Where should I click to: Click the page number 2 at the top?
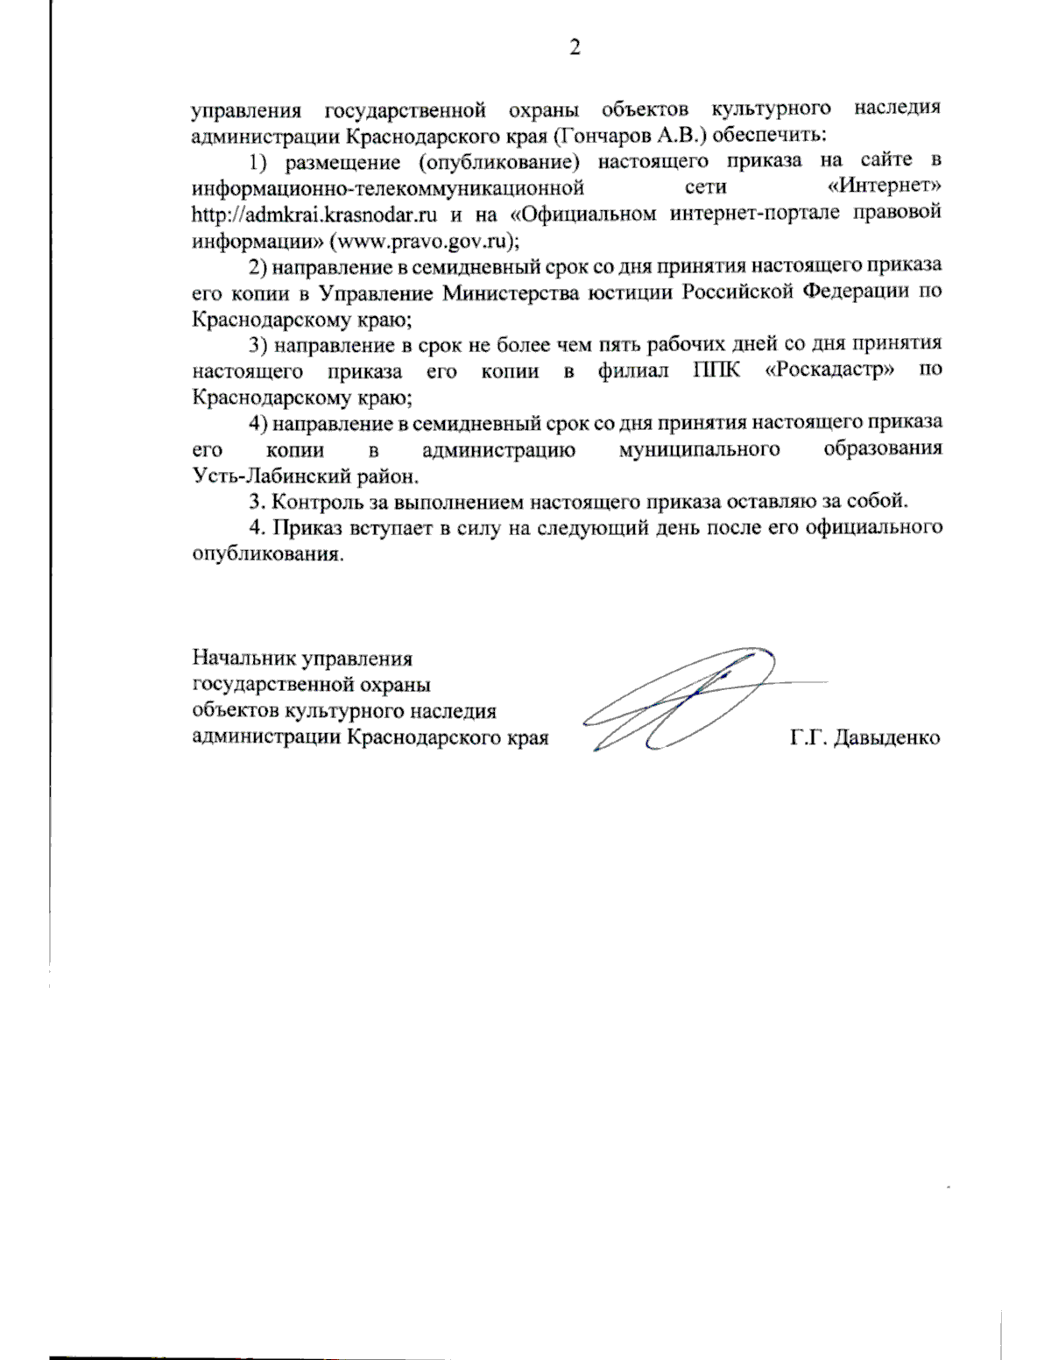click(575, 47)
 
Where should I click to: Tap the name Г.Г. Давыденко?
click(864, 737)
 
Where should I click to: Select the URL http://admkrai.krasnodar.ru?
click(314, 215)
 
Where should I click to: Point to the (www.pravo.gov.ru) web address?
click(423, 241)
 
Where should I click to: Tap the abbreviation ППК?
click(716, 370)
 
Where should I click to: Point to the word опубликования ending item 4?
click(266, 555)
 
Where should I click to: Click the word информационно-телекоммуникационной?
click(388, 188)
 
